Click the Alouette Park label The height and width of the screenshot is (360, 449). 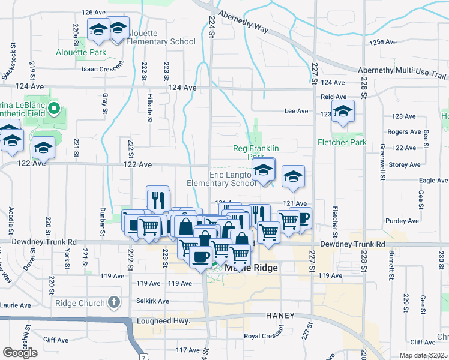pyautogui.click(x=80, y=52)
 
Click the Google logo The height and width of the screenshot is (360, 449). pyautogui.click(x=20, y=353)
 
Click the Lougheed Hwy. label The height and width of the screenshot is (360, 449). pyautogui.click(x=164, y=321)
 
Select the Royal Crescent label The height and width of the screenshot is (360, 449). pyautogui.click(x=264, y=336)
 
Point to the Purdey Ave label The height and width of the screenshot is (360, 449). pyautogui.click(x=402, y=221)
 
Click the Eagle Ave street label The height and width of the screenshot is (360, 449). pyautogui.click(x=433, y=180)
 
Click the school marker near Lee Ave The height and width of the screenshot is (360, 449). pyautogui.click(x=343, y=111)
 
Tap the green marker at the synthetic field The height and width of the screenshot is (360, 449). pyautogui.click(x=54, y=109)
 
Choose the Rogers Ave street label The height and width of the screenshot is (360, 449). pyautogui.click(x=404, y=132)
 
